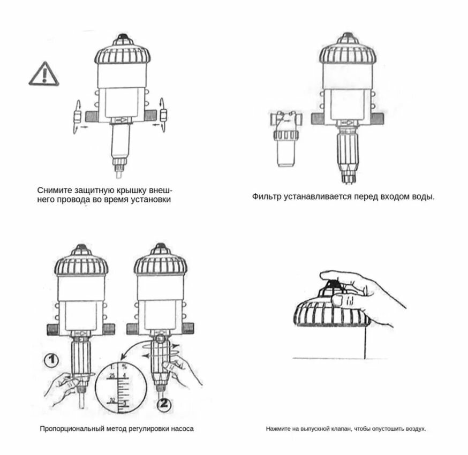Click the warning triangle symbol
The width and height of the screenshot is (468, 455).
point(44,74)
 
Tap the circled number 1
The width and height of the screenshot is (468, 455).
point(51,360)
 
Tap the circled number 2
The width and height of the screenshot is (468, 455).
point(164,404)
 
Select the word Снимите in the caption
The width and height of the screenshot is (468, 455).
point(55,191)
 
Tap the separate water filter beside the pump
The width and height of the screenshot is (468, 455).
point(285,138)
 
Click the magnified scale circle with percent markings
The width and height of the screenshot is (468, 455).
point(120,387)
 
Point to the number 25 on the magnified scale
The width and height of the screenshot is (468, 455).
point(112,376)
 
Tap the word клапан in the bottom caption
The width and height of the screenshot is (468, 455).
point(341,429)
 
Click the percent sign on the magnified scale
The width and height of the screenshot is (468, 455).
point(124,367)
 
